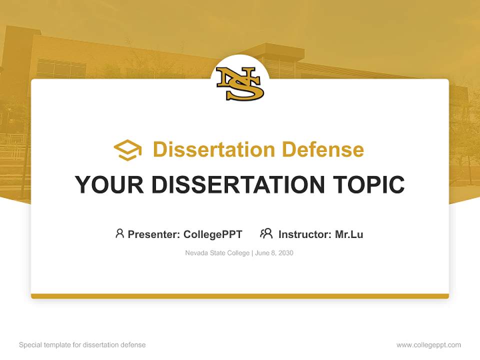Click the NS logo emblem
click(x=240, y=83)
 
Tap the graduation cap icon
click(x=127, y=150)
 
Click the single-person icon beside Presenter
click(x=119, y=233)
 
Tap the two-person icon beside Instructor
click(x=266, y=233)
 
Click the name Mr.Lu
click(x=349, y=234)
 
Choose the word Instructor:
click(x=305, y=234)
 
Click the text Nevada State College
click(x=217, y=253)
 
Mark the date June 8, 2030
click(x=274, y=253)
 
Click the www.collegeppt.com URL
click(x=428, y=345)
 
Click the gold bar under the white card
click(x=240, y=296)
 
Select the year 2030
click(x=285, y=253)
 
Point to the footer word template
click(x=56, y=345)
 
